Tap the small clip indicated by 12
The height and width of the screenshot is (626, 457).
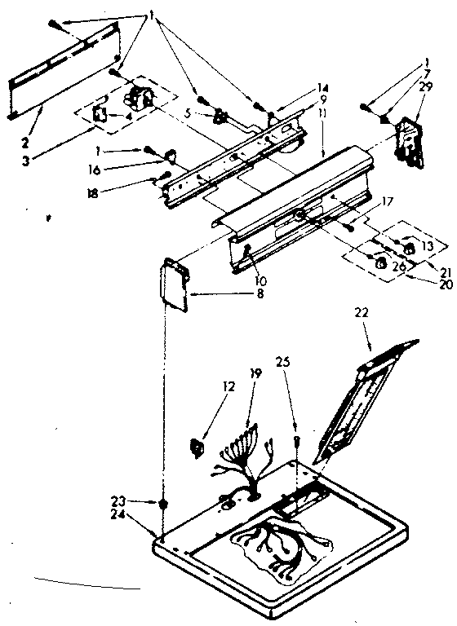point(197,446)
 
